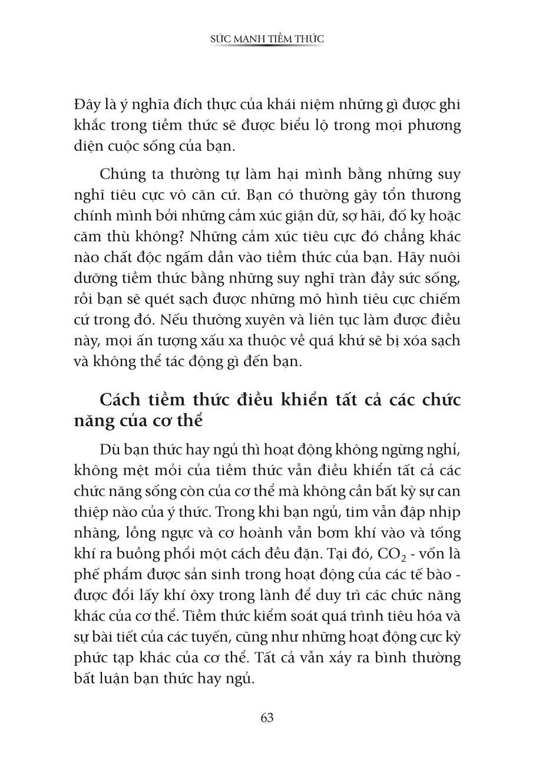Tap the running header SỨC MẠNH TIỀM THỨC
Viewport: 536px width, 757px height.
click(267, 39)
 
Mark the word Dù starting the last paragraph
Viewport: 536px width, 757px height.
click(110, 450)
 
